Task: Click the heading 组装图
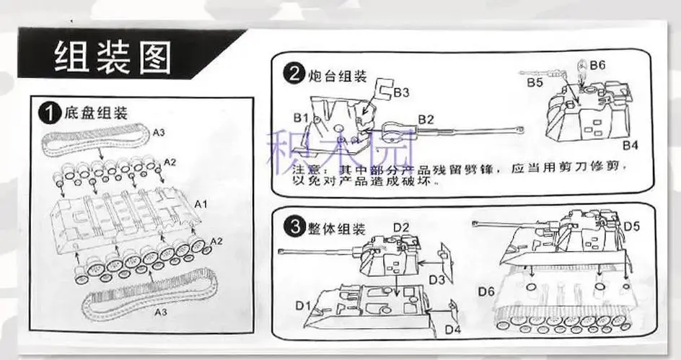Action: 112,57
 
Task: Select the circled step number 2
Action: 291,73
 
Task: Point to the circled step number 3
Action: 291,227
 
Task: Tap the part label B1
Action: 301,117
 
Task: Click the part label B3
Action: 402,92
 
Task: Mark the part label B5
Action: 534,83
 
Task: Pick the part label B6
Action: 597,65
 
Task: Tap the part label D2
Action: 401,227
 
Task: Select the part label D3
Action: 435,279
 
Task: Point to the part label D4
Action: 452,330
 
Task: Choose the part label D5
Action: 632,226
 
